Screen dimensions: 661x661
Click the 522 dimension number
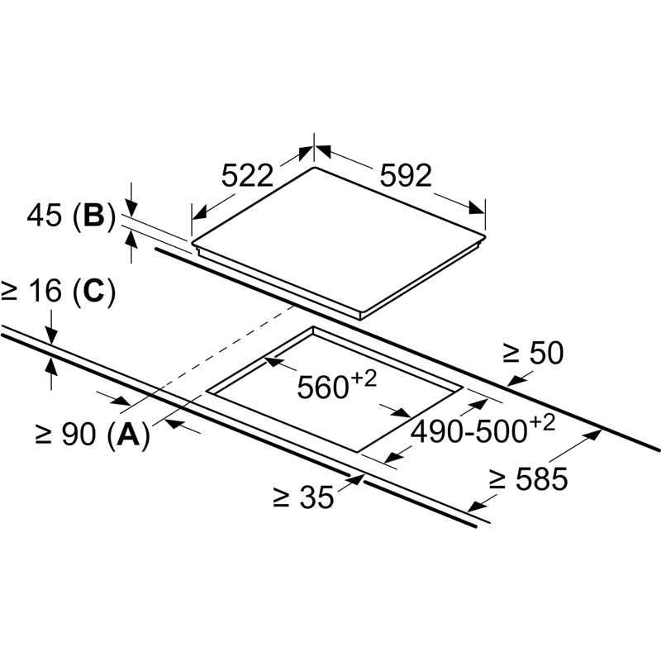(248, 175)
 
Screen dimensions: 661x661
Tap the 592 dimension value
(406, 175)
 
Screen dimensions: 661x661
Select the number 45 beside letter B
(44, 216)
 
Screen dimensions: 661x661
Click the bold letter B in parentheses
(93, 216)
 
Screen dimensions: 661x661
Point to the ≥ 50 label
(533, 354)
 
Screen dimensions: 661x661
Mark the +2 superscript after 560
(364, 378)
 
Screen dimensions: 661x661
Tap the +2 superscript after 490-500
(541, 422)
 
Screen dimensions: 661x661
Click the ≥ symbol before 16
(11, 292)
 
